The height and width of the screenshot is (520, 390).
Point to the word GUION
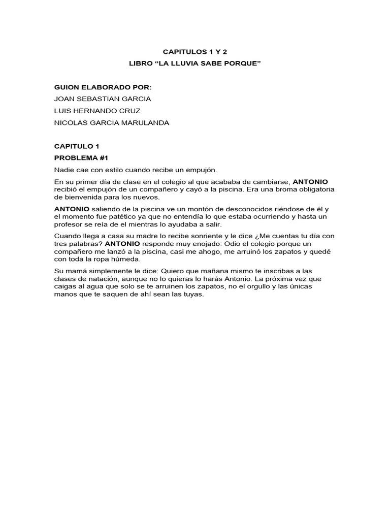pos(66,87)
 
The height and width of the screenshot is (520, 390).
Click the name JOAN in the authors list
pos(64,99)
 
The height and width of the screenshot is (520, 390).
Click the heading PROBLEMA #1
pos(81,157)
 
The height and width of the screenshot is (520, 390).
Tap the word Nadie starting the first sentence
pos(64,170)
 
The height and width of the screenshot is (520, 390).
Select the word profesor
pos(69,224)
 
